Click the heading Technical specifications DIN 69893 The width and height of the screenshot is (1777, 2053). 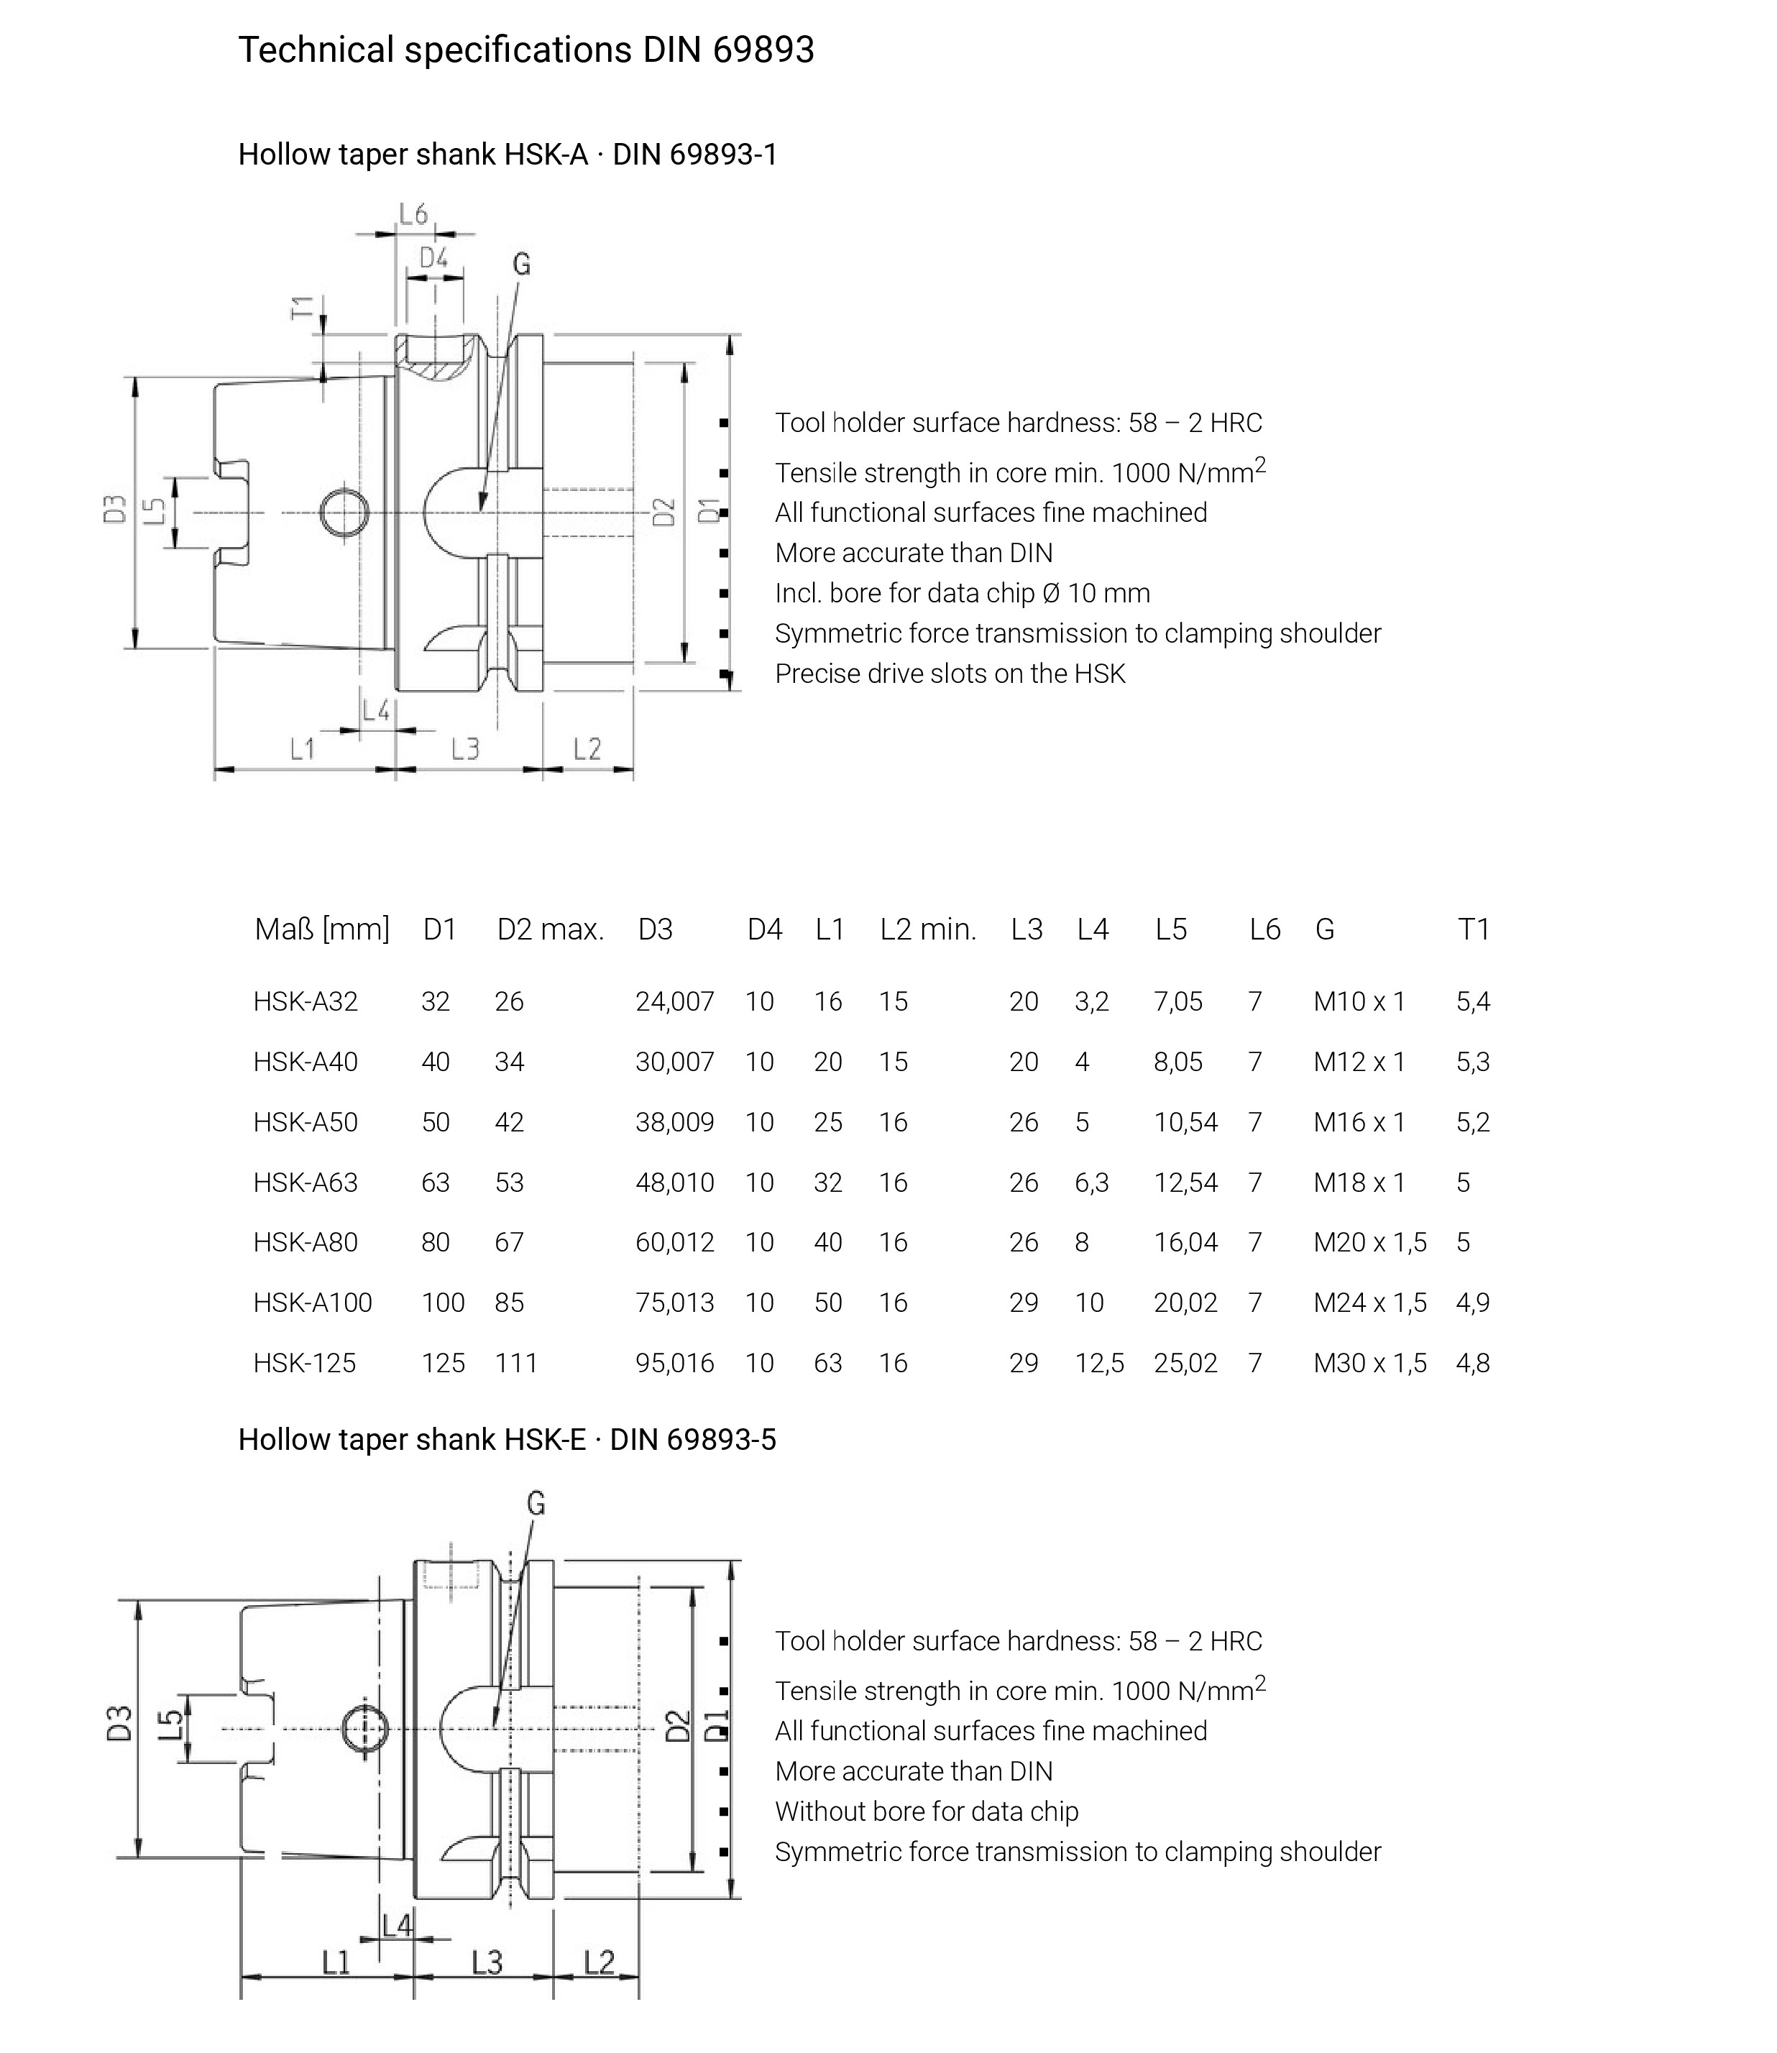pos(525,50)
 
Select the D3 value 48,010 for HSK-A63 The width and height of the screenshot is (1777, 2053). pos(674,1182)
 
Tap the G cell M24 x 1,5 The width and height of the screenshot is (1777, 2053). pos(1369,1303)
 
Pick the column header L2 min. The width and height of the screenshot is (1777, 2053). pos(927,929)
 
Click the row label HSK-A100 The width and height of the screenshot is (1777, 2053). pos(313,1303)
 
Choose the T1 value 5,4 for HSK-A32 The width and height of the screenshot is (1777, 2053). pos(1473,1002)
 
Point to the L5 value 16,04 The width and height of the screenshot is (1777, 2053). pos(1185,1241)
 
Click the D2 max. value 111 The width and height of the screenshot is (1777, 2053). pos(515,1363)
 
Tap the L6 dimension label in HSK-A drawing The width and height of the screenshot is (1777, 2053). pos(413,214)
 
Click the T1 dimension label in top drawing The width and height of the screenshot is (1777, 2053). pos(301,308)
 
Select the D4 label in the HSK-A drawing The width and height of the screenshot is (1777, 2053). pos(433,259)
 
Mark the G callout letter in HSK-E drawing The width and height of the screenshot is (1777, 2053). pos(536,1504)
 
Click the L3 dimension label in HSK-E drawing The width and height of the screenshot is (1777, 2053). pos(486,1962)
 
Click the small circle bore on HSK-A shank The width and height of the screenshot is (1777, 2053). pos(344,513)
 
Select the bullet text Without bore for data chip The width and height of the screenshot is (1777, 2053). pos(926,1811)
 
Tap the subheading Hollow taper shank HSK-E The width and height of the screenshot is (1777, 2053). pos(507,1439)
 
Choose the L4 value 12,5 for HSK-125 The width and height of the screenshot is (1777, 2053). pos(1098,1363)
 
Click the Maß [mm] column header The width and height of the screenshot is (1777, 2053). pos(321,929)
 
